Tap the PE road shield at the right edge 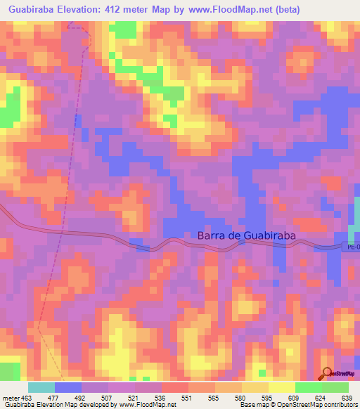point(351,247)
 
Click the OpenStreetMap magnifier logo point(328,374)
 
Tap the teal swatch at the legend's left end point(41,387)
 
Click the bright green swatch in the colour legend point(308,387)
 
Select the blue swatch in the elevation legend point(67,387)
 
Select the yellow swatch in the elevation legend point(281,387)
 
